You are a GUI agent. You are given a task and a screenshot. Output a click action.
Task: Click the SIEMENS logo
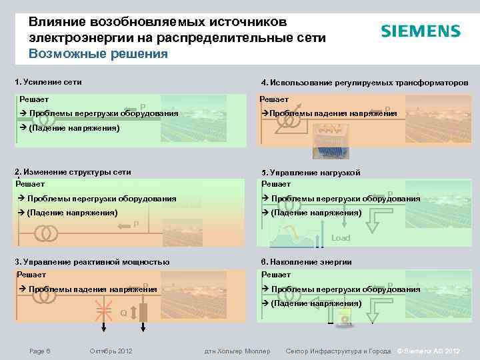[x=420, y=31]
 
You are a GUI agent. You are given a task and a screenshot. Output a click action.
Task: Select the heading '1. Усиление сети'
[x=48, y=82]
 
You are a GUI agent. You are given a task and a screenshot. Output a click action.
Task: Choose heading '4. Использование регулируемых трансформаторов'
[x=365, y=83]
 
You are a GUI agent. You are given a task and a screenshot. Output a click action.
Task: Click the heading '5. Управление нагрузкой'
[x=311, y=173]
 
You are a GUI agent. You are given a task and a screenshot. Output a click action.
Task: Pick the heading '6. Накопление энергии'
[x=307, y=262]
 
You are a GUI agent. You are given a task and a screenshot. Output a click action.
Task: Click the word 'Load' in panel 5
[x=341, y=237]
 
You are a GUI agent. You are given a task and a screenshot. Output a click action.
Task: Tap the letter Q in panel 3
[x=123, y=313]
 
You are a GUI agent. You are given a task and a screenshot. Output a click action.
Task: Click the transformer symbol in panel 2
[x=46, y=234]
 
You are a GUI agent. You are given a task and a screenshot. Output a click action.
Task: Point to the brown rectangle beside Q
[x=143, y=311]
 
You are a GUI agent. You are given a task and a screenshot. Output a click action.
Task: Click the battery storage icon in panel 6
[x=345, y=318]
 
